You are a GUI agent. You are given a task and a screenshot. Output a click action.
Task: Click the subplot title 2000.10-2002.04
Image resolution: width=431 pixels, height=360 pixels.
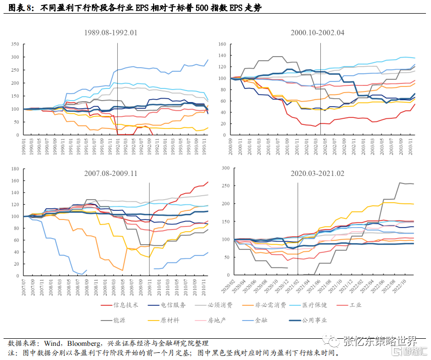click(317, 33)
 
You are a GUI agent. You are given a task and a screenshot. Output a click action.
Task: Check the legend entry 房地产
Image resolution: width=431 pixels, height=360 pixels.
click(217, 320)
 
